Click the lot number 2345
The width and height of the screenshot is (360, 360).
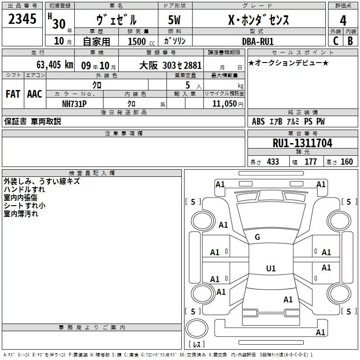coord(22,20)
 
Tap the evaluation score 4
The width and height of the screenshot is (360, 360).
coord(343,20)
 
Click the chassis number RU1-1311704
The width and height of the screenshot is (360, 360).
coord(302,143)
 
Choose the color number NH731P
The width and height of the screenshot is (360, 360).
coord(75,103)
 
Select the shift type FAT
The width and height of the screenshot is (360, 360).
coord(13,94)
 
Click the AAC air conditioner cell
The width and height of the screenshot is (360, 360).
coord(34,94)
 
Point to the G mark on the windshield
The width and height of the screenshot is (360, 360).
coord(257,237)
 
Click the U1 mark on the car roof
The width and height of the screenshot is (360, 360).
coord(270,269)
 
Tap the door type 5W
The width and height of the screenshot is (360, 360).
coord(175,20)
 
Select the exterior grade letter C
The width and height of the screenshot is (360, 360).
coord(335,41)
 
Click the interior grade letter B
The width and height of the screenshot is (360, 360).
coord(350,41)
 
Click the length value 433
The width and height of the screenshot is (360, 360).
coord(273,162)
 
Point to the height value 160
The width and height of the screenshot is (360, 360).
coord(346,162)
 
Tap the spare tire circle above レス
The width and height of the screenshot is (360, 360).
coord(197,328)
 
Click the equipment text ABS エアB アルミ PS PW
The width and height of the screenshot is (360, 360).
coord(288,121)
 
